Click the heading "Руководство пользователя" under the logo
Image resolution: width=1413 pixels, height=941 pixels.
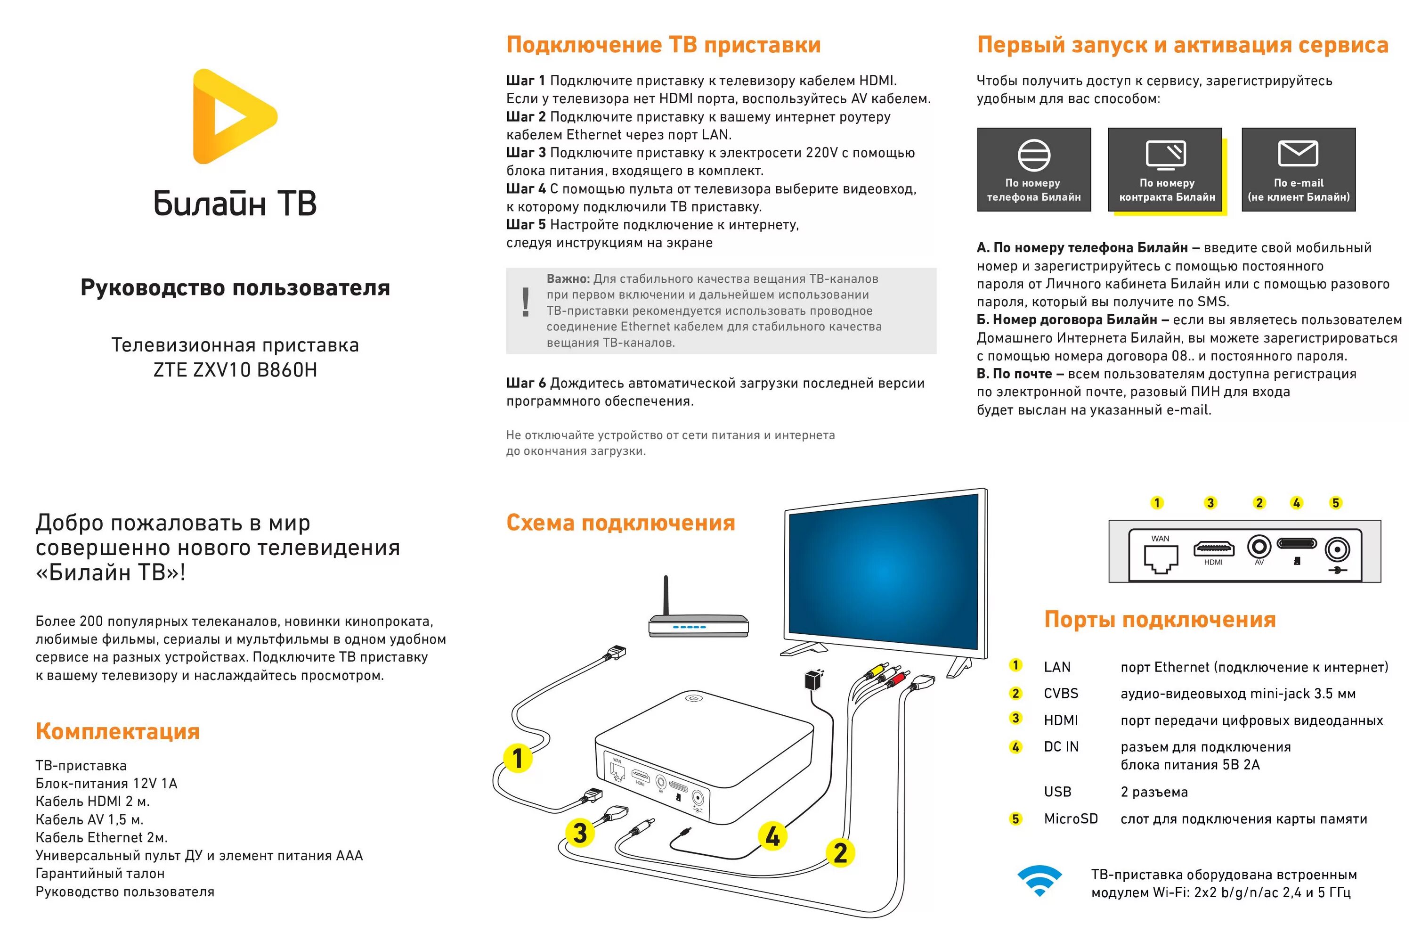point(235,288)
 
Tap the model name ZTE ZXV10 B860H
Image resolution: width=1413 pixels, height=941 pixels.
point(235,370)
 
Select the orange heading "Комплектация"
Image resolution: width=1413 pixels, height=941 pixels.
point(118,732)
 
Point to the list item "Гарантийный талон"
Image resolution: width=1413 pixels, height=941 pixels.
point(99,874)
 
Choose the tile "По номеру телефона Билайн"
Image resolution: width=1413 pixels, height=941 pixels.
point(1033,170)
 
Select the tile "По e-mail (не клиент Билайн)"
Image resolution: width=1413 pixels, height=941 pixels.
point(1298,170)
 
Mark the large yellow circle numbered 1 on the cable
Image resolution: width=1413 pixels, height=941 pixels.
point(518,758)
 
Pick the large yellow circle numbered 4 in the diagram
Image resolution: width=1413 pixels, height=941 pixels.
point(772,836)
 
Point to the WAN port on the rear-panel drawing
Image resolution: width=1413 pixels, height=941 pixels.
point(1160,557)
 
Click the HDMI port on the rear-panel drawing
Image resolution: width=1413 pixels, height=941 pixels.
point(1213,548)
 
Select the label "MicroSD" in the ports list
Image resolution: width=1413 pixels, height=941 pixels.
point(1071,819)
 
